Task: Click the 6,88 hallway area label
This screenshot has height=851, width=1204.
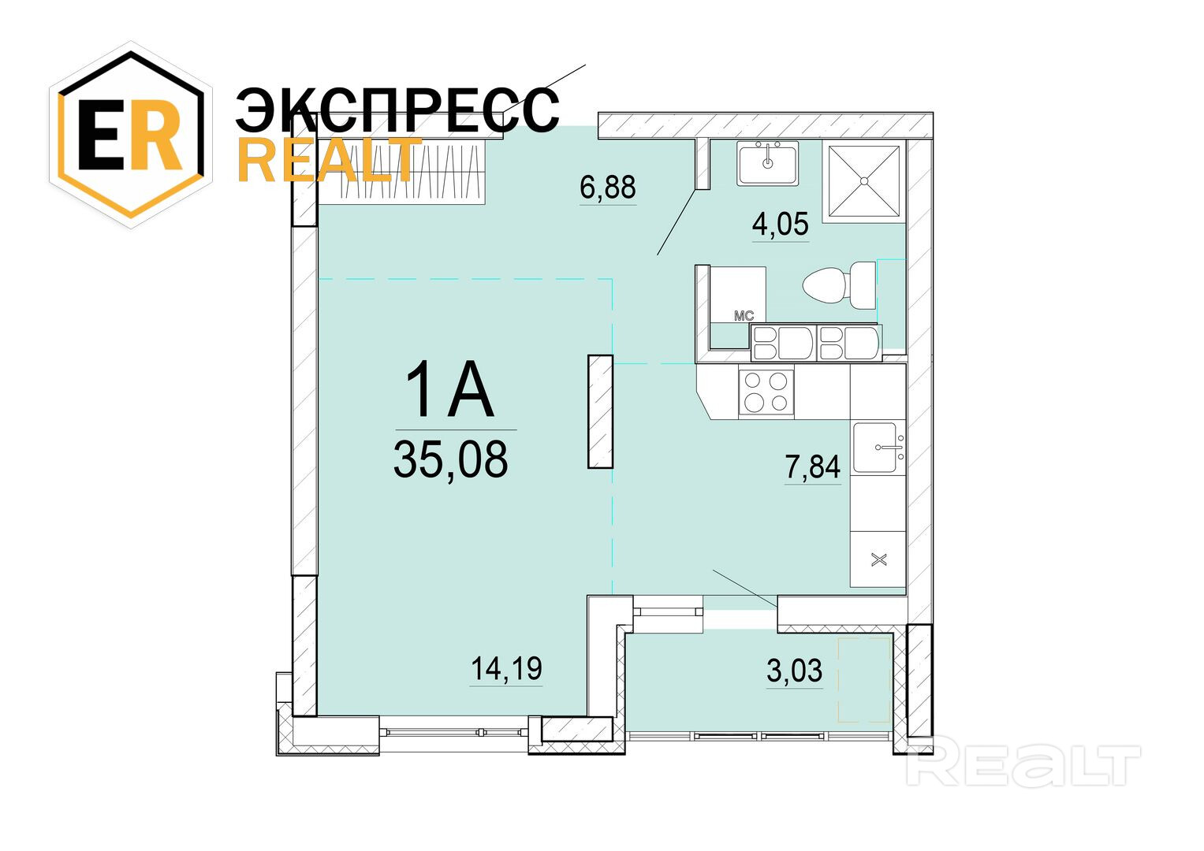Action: click(x=608, y=187)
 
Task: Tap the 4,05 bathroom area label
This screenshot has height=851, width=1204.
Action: click(x=781, y=224)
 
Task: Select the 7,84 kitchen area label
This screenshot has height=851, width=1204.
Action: click(x=813, y=466)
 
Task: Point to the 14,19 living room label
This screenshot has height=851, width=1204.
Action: click(x=506, y=668)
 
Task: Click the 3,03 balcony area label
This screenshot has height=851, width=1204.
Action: click(x=795, y=671)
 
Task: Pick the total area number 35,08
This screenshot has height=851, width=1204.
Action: click(x=450, y=459)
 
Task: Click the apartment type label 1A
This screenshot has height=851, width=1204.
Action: click(x=449, y=389)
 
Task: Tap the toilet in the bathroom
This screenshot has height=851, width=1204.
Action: click(x=840, y=285)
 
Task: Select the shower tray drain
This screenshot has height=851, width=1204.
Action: click(x=863, y=181)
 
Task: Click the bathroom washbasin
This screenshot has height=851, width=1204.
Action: click(x=767, y=163)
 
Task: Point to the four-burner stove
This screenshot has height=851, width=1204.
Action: click(x=766, y=392)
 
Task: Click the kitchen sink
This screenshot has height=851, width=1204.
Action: click(x=878, y=447)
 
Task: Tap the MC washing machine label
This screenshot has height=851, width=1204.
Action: click(x=744, y=316)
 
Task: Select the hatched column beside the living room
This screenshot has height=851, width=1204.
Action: click(x=600, y=411)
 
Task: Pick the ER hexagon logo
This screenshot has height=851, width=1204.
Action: click(x=131, y=134)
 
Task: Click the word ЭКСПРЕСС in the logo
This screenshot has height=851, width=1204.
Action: click(x=397, y=110)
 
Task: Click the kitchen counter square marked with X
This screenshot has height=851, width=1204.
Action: click(x=878, y=560)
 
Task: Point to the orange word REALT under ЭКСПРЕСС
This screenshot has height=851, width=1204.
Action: click(x=330, y=158)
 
